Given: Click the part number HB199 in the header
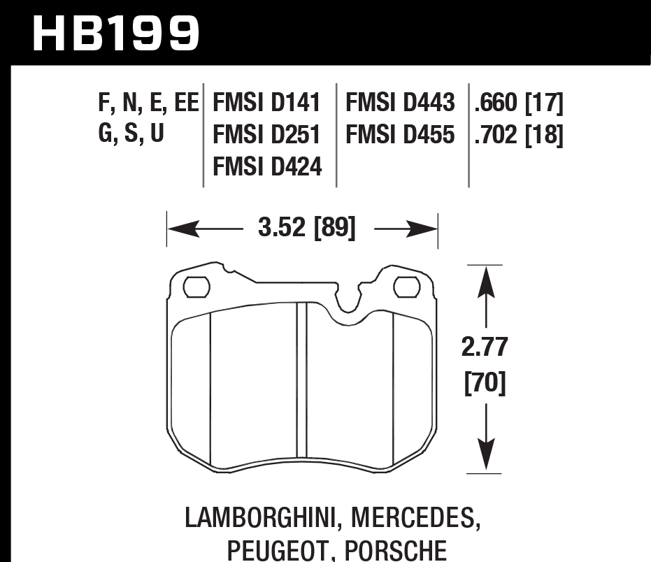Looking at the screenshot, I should pos(116,33).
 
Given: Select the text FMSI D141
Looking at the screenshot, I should pos(266,104).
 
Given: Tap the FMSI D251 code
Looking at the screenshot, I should pos(266,135).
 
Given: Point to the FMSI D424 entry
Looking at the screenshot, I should pos(266,166).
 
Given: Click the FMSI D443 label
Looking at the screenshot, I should pos(400,104).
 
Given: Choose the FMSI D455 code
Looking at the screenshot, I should pos(400,135).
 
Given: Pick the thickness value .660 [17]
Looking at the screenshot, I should pos(518,104).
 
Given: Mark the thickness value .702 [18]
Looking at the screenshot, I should pos(518,135).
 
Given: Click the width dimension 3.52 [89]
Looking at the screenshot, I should pos(306,229).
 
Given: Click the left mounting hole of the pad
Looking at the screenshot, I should pos(196,287).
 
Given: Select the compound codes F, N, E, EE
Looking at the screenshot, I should pos(148,104).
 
